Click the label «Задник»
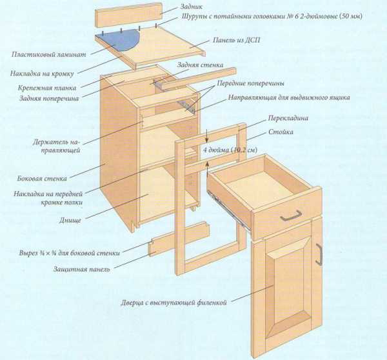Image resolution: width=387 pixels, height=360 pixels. [x=192, y=6]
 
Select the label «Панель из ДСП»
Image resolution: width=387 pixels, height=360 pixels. [x=236, y=40]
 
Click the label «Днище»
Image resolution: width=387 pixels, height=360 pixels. [x=70, y=220]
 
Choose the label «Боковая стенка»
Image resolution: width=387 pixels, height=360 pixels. [x=42, y=178]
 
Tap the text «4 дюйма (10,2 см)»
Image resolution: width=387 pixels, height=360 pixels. [x=230, y=150]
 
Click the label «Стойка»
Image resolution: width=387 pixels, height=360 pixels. [x=281, y=132]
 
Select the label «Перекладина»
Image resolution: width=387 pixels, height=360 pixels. [x=288, y=118]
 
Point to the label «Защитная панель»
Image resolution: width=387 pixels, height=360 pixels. [x=82, y=269]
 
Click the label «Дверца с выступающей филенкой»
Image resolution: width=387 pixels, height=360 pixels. [x=174, y=303]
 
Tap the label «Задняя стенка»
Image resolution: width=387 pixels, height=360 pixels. [x=200, y=65]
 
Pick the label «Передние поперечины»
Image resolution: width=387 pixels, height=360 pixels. [x=250, y=83]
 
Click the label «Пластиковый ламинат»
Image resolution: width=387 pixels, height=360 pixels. [x=48, y=54]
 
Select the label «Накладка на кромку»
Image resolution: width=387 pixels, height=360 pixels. [x=42, y=74]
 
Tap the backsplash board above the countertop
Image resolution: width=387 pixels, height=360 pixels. [x=128, y=15]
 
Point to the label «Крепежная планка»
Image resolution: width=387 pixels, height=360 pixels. [x=47, y=88]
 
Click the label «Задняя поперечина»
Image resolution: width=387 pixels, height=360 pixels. [x=49, y=99]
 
